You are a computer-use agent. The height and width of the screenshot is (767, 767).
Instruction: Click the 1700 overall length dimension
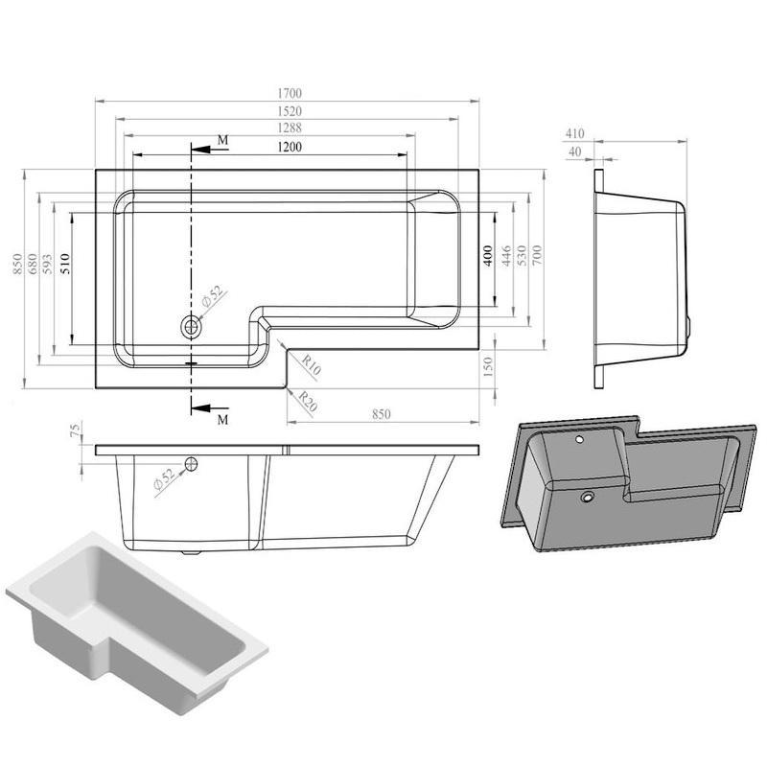290,93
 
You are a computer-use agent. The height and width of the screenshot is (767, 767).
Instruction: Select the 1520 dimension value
290,111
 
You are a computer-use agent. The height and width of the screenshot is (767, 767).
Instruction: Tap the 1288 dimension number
290,128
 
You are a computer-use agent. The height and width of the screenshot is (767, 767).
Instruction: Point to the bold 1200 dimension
290,147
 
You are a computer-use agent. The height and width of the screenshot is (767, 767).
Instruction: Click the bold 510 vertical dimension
65,263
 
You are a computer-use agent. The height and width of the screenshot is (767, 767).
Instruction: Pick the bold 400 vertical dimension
488,256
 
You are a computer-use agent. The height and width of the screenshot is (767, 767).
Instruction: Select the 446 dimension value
506,256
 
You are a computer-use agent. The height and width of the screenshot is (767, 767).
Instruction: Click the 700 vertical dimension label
537,254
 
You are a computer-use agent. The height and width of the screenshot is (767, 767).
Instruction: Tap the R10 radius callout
311,364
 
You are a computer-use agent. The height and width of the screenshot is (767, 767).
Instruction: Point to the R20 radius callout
308,401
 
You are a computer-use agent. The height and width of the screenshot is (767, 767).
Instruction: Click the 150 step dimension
488,367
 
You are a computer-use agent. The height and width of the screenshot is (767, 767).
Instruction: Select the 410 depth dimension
574,133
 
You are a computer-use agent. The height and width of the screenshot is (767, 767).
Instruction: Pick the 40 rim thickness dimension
574,151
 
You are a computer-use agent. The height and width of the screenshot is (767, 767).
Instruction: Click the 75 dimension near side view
75,430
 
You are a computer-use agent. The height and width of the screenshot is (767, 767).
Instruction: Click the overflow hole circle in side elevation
191,464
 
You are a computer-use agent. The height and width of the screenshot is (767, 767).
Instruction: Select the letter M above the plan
222,140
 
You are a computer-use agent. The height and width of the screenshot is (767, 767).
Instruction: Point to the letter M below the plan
222,420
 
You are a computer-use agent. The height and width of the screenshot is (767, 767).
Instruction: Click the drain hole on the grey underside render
587,498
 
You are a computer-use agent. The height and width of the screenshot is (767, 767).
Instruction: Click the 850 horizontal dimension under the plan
381,414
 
